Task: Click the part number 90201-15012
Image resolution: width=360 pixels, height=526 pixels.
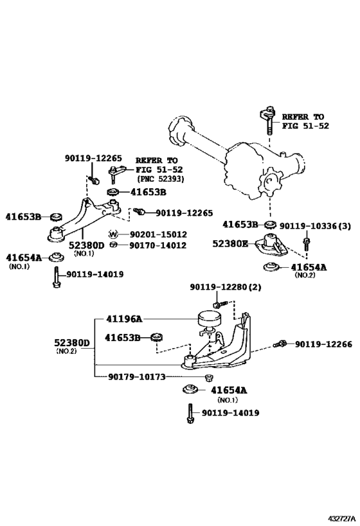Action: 158,234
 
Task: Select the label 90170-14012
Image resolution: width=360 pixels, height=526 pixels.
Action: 158,245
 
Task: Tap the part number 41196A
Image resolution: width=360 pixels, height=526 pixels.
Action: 124,319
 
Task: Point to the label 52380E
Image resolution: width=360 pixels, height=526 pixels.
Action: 230,243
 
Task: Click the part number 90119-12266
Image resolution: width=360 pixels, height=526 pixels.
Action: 324,344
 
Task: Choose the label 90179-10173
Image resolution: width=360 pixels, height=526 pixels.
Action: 137,377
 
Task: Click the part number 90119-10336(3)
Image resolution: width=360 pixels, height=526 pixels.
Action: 315,226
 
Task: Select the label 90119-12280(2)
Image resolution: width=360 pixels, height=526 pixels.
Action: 226,287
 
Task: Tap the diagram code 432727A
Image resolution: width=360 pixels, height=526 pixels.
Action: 341,518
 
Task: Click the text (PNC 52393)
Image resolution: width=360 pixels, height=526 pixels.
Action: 160,179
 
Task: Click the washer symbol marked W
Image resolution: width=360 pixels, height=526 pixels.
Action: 113,234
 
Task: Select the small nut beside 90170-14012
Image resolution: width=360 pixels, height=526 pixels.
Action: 113,245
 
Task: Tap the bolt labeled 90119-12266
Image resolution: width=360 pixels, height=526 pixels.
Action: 280,344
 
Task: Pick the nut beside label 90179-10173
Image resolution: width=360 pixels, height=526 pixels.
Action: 208,377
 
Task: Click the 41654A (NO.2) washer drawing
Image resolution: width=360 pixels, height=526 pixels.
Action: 271,267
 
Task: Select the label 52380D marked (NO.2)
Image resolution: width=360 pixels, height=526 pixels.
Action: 72,343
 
